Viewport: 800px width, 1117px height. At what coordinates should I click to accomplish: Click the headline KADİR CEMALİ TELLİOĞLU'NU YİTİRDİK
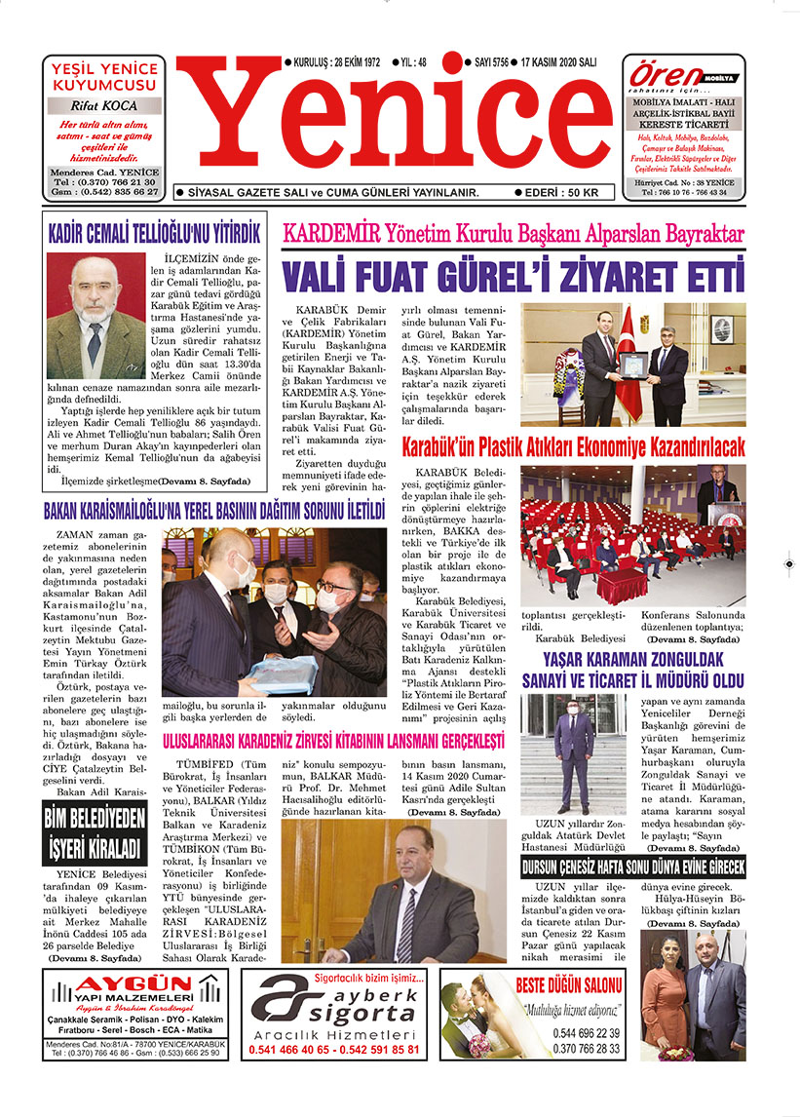tap(155, 234)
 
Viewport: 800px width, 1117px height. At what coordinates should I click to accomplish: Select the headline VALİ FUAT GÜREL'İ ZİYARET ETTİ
tap(514, 276)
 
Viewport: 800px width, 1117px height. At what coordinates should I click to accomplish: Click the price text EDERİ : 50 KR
tap(562, 193)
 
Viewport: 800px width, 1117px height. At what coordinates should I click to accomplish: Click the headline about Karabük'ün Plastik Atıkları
tap(573, 447)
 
